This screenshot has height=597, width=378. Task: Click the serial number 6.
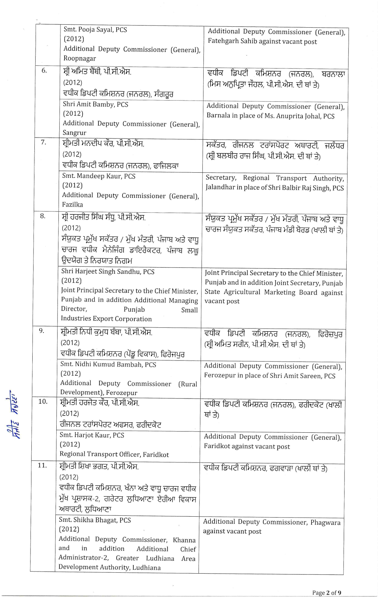coord(44,71)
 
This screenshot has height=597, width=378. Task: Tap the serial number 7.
coord(43,142)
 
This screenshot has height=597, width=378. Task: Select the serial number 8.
coord(43,216)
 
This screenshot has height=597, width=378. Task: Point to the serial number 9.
coord(42,330)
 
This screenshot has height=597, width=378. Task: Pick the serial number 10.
coord(43,402)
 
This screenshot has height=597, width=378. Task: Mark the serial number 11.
coord(42,465)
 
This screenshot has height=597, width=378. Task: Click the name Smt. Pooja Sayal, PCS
coord(95,30)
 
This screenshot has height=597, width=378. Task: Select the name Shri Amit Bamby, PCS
coord(95,104)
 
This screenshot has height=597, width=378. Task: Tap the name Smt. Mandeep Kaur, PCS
coord(99,176)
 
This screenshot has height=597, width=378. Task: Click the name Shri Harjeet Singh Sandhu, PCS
coord(108,272)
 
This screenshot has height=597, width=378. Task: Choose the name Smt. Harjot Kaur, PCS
coord(92,435)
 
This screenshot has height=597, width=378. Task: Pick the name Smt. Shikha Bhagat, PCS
coord(95,520)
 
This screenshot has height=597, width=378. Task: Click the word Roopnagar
coord(80,58)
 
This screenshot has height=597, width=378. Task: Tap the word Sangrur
coord(74,133)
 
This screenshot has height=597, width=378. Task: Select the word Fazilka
coord(73,205)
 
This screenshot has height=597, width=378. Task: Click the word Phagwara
coord(325,523)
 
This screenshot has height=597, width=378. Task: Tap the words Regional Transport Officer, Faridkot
coord(114,454)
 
